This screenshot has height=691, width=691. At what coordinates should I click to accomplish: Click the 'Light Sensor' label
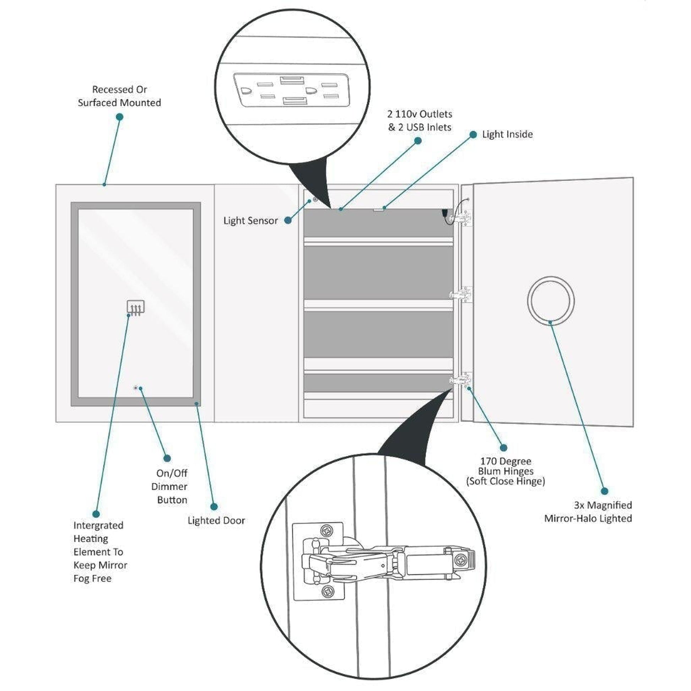pos(250,221)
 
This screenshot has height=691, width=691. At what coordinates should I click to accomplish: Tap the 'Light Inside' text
pos(507,135)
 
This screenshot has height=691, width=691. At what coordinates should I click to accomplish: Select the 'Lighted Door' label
pos(216,521)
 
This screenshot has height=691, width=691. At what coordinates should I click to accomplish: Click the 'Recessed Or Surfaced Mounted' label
pos(119,96)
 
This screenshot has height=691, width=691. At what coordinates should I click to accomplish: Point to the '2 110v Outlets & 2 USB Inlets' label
pos(420,120)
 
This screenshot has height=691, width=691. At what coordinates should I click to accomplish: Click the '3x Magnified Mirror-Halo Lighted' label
pos(588,512)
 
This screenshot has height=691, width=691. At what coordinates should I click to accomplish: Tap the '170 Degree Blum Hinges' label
pos(505,471)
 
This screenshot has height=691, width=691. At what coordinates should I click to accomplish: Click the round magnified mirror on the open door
pos(551,300)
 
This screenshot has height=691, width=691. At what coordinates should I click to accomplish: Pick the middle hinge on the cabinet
pos(461,295)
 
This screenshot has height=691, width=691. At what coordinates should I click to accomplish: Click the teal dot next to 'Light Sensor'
pos(288,220)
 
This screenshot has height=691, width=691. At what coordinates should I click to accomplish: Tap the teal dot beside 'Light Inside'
pos(473,135)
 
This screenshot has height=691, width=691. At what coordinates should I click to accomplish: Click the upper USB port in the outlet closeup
pos(292,80)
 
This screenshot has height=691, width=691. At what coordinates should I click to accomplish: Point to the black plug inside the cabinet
pos(445,213)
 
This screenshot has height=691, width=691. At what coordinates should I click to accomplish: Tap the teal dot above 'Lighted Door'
pos(214,506)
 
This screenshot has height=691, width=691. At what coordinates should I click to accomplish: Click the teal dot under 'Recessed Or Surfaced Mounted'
pos(120,116)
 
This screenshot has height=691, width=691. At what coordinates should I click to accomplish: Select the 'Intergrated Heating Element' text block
pos(100,552)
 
